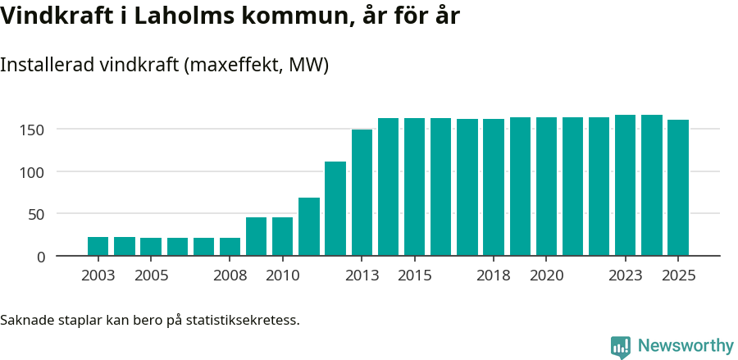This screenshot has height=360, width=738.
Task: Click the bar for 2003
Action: pos(98,246)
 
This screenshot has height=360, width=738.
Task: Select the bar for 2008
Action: pos(230,247)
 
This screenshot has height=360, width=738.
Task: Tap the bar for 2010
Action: pos(282,236)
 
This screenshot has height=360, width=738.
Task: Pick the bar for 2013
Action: pos(362,193)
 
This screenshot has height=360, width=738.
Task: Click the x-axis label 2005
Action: pos(151,276)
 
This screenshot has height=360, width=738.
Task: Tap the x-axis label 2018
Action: pos(494,276)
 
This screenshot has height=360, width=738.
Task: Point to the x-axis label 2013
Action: pos(362,276)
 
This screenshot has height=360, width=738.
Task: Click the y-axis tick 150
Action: pos(33,130)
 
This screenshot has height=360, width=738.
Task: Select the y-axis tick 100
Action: pos(33,172)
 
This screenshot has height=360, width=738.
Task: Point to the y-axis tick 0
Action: pos(40,257)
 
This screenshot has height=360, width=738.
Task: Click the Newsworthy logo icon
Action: pos(621,347)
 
